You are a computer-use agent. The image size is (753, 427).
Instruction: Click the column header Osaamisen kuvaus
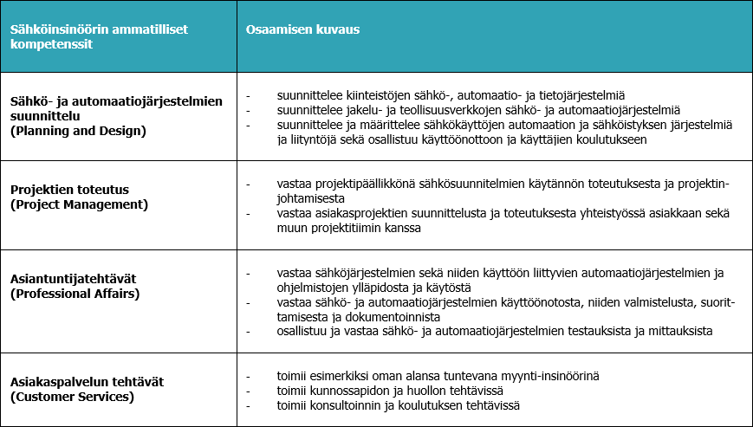point(302,29)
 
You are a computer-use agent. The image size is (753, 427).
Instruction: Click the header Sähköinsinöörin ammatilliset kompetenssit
point(99,36)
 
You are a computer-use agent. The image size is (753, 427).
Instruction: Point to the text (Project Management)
point(79,204)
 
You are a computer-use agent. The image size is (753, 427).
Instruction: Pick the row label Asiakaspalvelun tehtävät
point(87,383)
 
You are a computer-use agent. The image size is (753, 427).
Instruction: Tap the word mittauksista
point(680,331)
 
